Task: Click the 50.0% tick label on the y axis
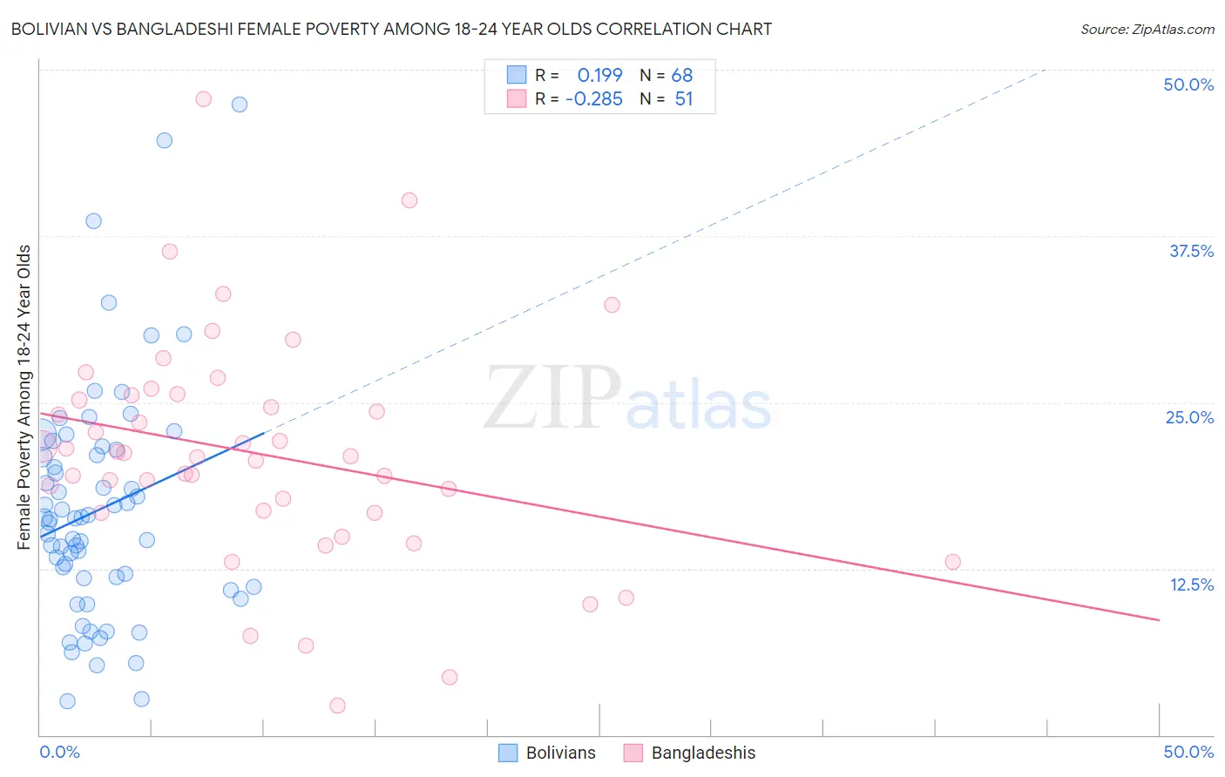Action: pos(1188,84)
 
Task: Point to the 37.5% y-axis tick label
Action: pos(1191,251)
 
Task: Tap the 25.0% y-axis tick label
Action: pos(1189,417)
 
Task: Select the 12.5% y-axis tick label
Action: pos(1191,584)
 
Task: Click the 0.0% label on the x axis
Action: pos(59,752)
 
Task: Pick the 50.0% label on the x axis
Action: pos(1188,752)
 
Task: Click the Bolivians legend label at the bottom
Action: pos(560,753)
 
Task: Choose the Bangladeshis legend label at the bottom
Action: pos(703,753)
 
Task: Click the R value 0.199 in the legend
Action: pos(599,76)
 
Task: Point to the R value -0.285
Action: pos(593,99)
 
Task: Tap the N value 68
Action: pos(682,76)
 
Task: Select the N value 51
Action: pos(684,99)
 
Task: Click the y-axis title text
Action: pos(24,397)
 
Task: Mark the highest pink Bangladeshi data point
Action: pos(203,99)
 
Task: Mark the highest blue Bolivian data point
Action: pos(240,105)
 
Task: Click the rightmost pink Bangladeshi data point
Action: pos(952,562)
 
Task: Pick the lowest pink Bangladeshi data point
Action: pos(337,706)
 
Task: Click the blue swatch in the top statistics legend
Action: pos(517,75)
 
